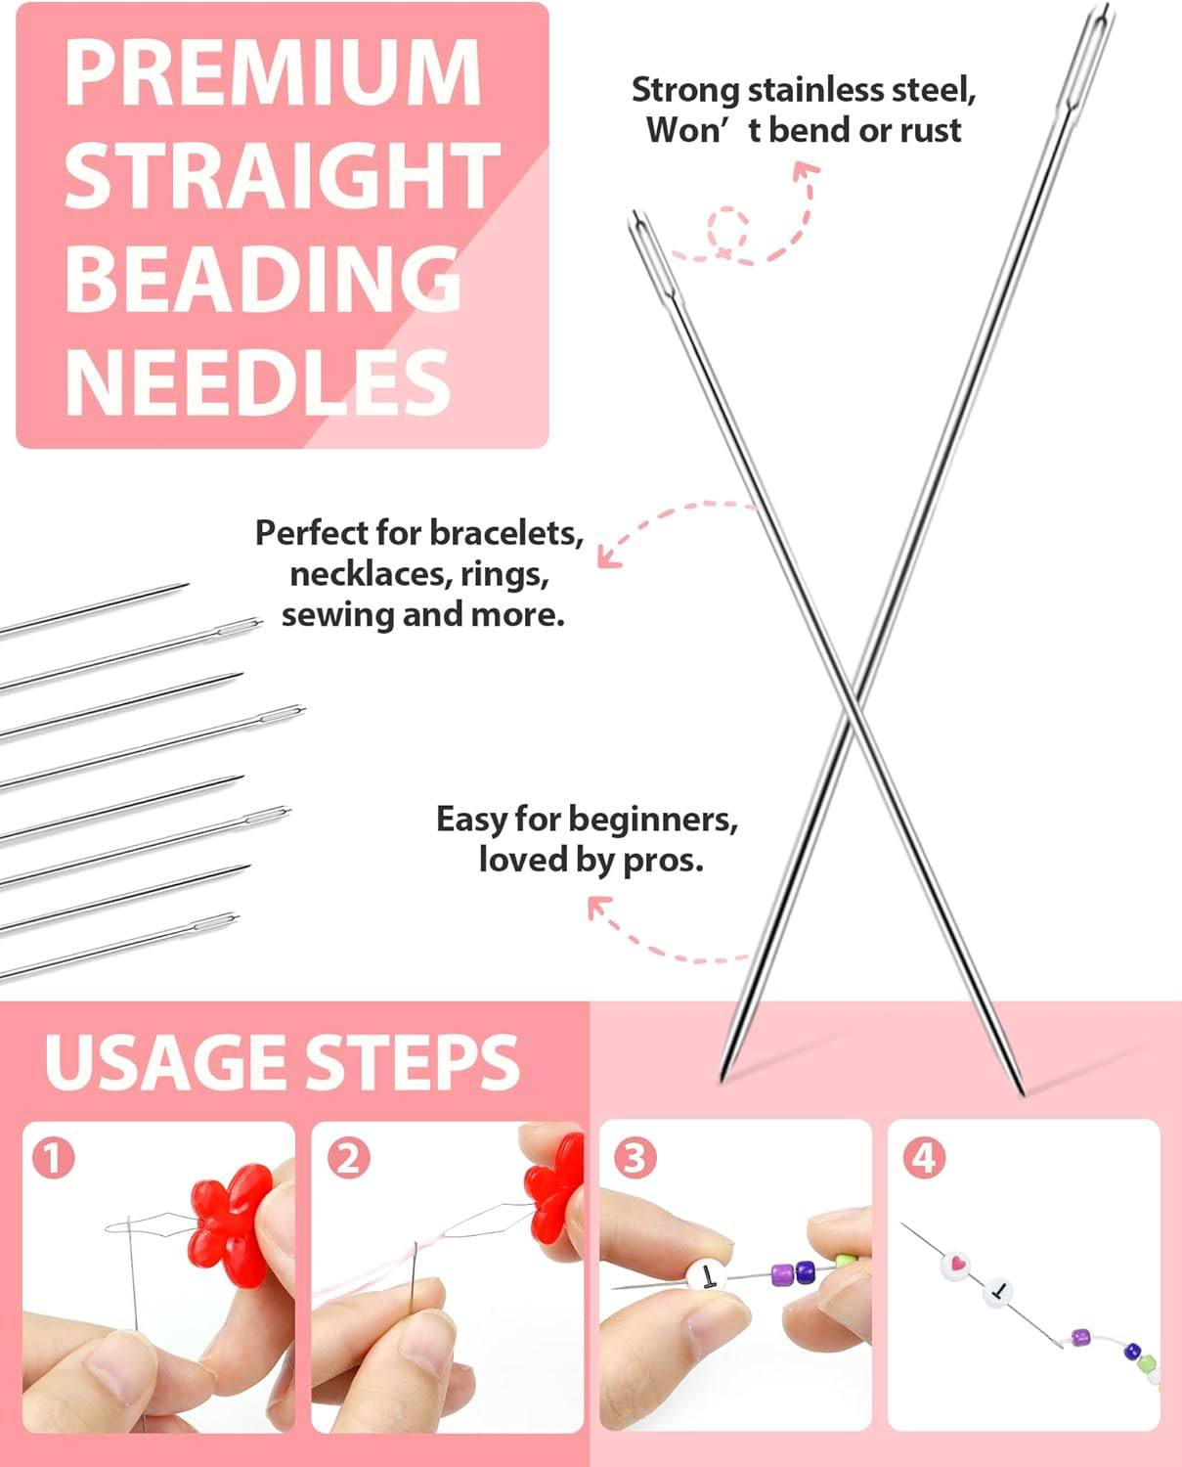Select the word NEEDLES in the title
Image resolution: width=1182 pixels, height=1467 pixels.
(x=257, y=382)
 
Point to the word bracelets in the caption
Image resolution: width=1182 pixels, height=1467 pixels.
(x=505, y=533)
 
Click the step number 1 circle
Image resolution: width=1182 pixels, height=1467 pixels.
(x=53, y=1159)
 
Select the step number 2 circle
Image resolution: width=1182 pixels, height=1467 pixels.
(x=348, y=1159)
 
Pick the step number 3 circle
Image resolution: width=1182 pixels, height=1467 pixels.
(x=635, y=1158)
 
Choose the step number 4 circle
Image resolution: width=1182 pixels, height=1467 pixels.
(x=924, y=1158)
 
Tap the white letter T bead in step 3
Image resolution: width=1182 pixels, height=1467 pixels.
(x=706, y=1275)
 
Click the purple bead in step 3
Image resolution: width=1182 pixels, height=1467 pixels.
(x=782, y=1274)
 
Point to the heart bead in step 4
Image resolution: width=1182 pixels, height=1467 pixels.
(x=957, y=1264)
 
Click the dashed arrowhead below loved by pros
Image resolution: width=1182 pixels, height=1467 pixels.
(x=597, y=909)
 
